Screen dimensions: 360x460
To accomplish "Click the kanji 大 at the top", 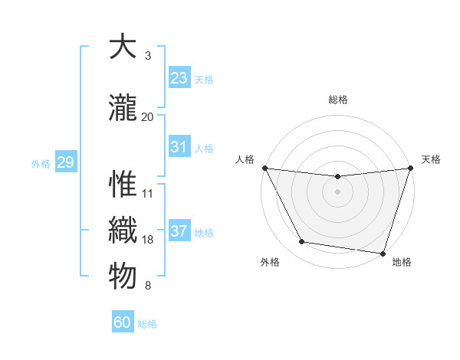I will click(123, 47).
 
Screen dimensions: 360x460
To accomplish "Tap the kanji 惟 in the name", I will click(123, 185).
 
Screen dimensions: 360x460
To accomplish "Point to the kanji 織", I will click(123, 231).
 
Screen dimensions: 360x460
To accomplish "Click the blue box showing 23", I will click(179, 77).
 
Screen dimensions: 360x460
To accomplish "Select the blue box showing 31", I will click(179, 147).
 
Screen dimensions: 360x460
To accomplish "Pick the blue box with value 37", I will click(179, 231).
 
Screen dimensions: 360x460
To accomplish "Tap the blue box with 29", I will click(65, 162).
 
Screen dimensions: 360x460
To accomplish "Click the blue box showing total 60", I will click(123, 322).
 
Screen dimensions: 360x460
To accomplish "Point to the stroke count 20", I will click(147, 117).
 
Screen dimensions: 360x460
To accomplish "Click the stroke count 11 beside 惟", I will click(147, 194).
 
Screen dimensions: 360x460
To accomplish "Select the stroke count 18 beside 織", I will click(147, 240).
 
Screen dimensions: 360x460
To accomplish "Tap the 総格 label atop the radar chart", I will click(338, 100).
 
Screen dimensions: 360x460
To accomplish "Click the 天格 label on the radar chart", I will click(431, 159).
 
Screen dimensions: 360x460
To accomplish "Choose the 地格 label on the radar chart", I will click(402, 262).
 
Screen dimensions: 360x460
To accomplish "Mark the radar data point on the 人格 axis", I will click(265, 168).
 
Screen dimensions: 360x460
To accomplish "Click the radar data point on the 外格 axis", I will click(302, 242).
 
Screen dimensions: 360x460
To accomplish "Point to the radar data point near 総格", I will click(337, 177).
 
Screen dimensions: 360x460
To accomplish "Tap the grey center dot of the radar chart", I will click(337, 191).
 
